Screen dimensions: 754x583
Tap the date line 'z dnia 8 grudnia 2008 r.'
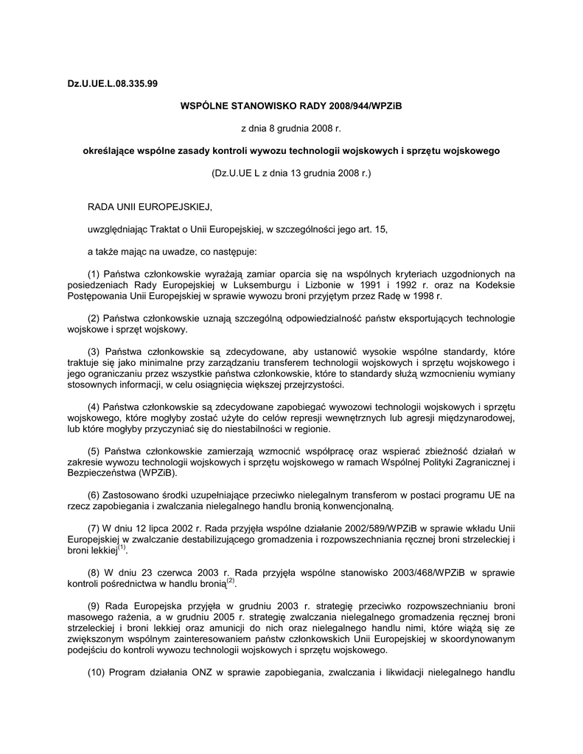pos(291,128)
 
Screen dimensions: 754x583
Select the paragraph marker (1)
pos(94,274)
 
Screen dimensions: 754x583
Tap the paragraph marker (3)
pos(94,351)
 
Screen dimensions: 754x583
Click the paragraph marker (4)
pos(94,407)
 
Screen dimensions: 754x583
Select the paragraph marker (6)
pos(94,496)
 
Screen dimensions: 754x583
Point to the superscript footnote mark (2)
pos(230,581)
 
